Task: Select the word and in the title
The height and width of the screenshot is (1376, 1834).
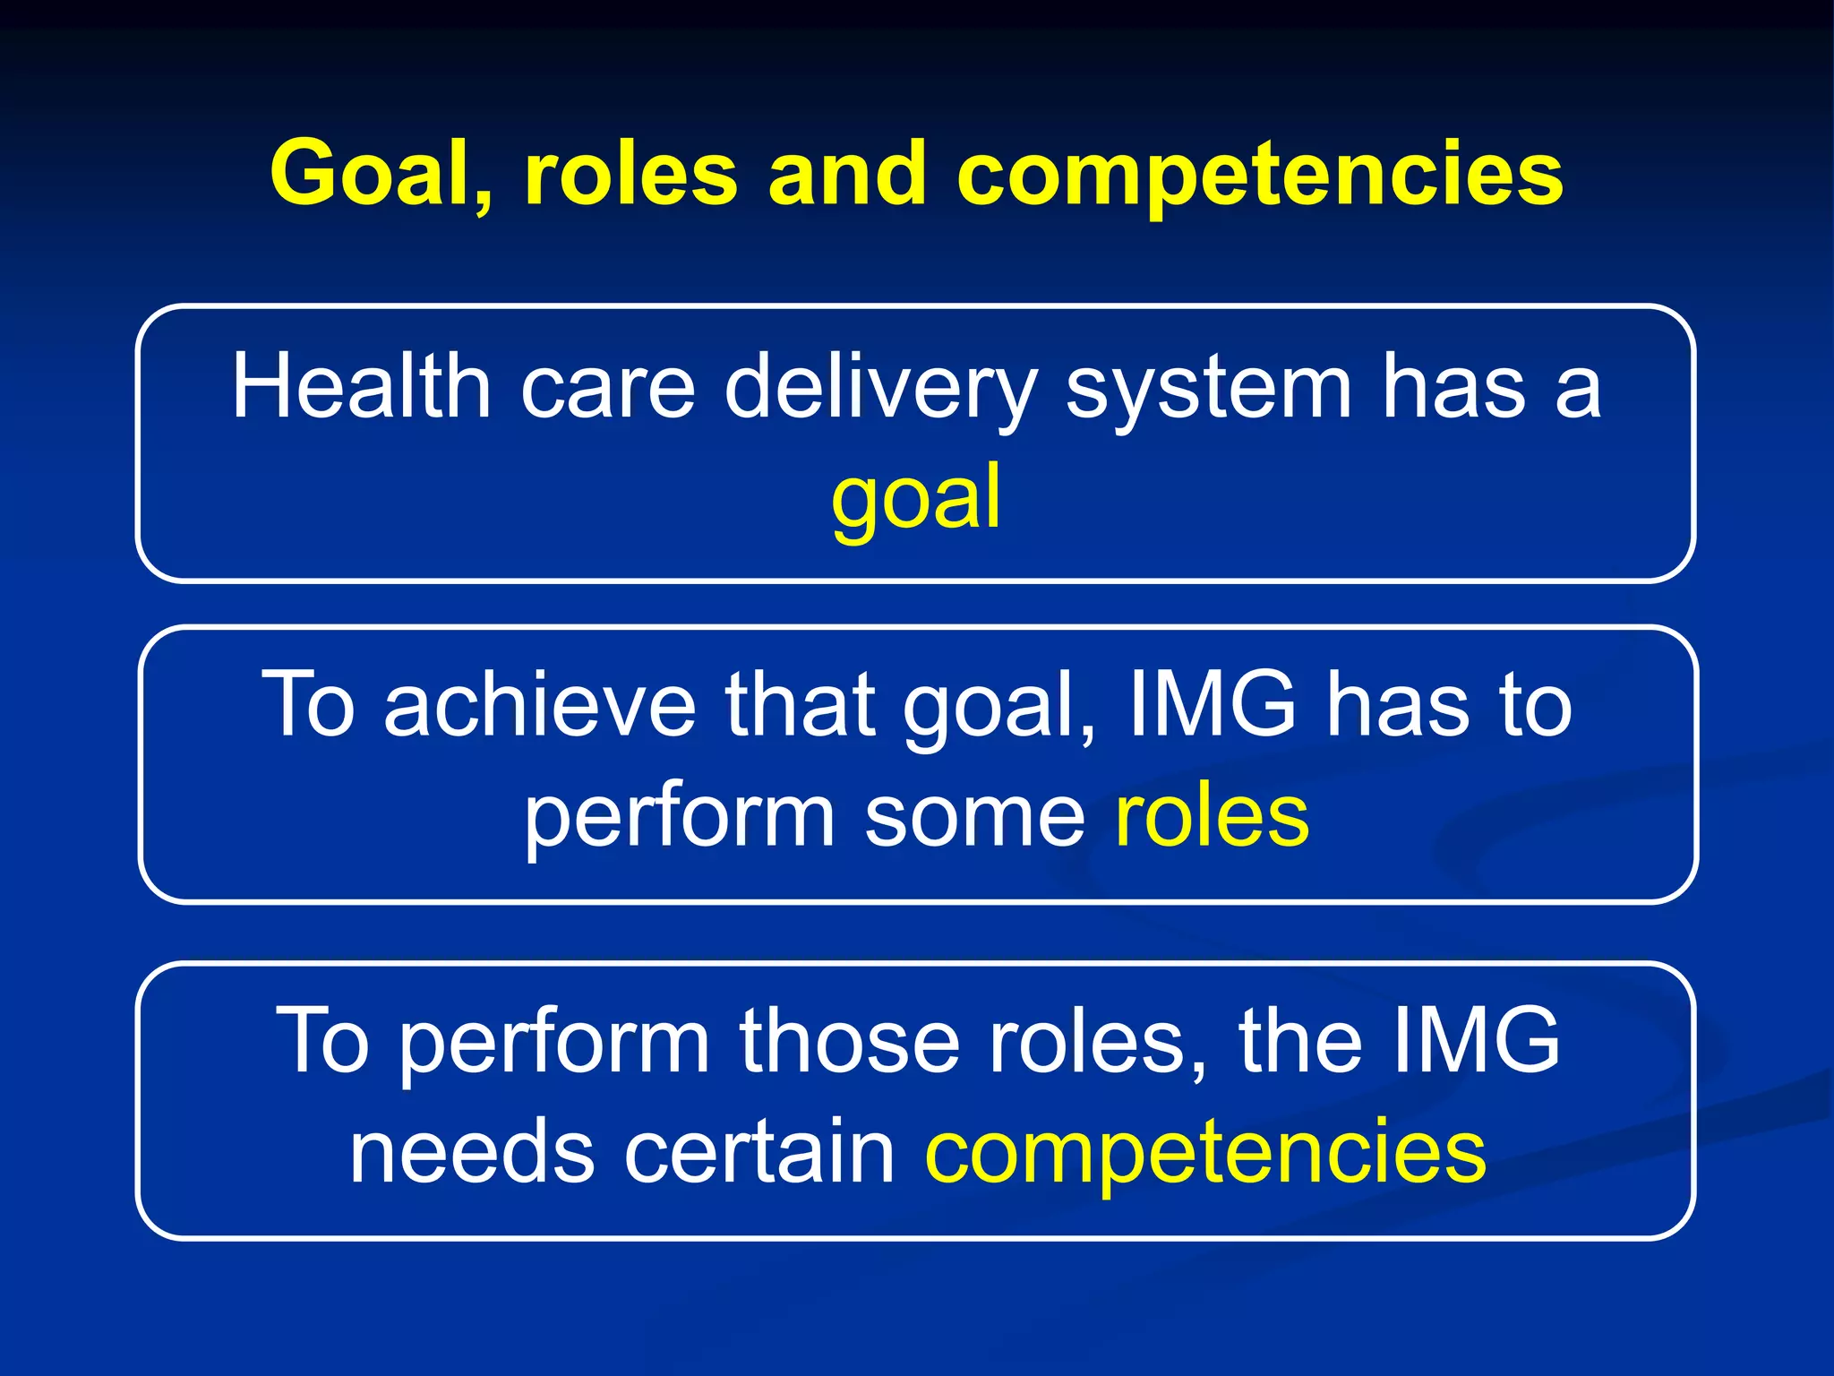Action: pos(846,175)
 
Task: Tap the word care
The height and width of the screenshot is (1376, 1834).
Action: pos(608,387)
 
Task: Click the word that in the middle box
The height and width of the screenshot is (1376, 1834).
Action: pos(800,705)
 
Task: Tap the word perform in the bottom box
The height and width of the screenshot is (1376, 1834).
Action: pos(554,1041)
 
